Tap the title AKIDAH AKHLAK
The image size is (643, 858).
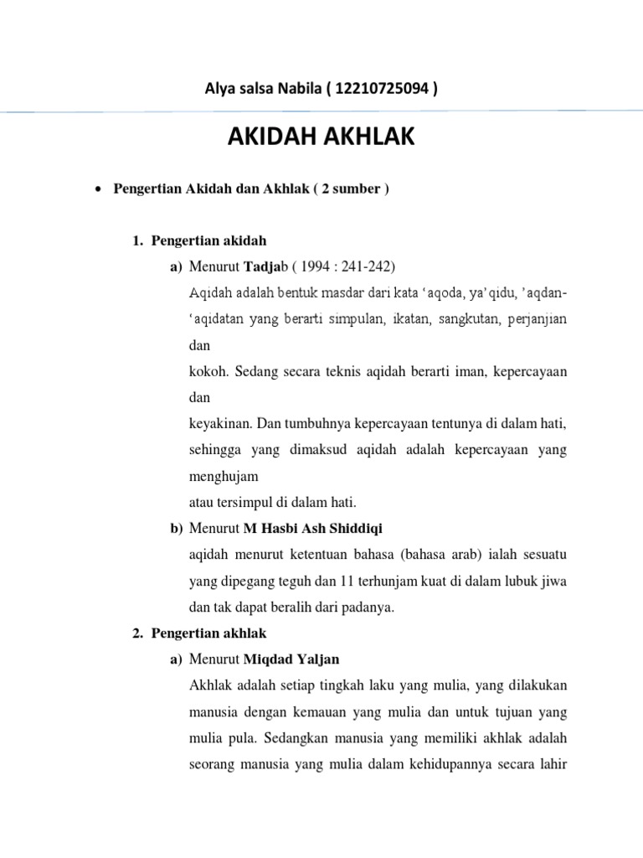pyautogui.click(x=321, y=137)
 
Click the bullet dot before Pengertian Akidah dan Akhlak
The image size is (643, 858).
pyautogui.click(x=98, y=189)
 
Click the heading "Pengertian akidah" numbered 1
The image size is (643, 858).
pyautogui.click(x=208, y=241)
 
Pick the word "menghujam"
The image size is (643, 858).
pyautogui.click(x=224, y=476)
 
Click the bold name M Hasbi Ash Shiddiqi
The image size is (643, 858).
pyautogui.click(x=312, y=528)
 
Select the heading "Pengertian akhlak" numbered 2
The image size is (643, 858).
pyautogui.click(x=208, y=633)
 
